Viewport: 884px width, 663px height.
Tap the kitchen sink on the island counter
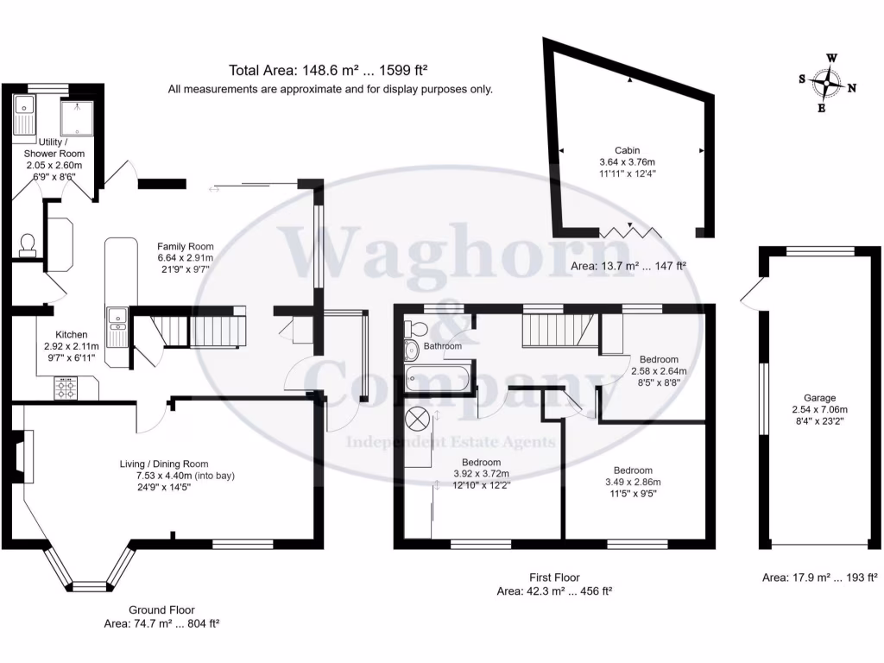(116, 319)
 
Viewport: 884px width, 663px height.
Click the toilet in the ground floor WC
(27, 244)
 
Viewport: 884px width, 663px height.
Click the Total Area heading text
(329, 71)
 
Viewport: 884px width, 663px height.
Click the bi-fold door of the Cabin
(630, 231)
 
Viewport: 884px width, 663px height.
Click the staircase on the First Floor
(551, 329)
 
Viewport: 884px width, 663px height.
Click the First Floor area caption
(554, 584)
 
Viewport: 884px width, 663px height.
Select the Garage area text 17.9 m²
(819, 578)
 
